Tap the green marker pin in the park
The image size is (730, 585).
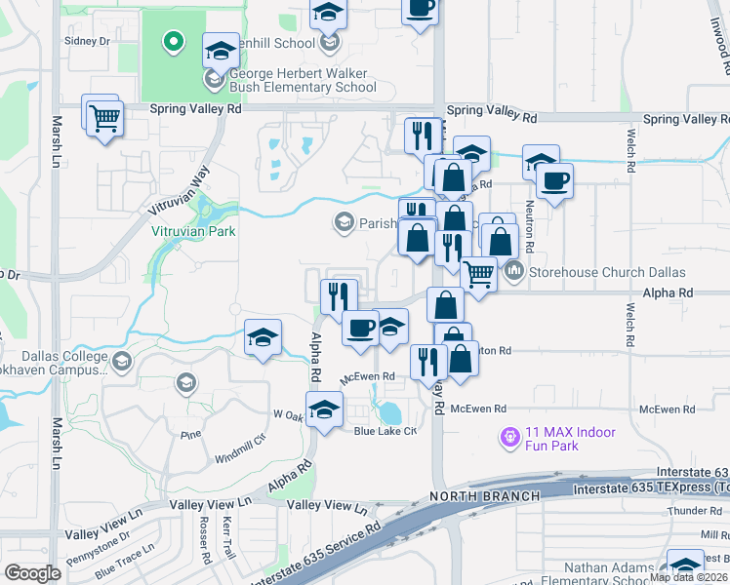pos(173,41)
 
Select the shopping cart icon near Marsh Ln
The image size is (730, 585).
pos(103,119)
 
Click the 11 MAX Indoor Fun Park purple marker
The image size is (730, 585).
pos(508,439)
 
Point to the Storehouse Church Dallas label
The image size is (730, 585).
pos(607,272)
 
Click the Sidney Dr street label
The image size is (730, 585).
pos(87,41)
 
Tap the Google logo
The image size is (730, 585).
pos(32,573)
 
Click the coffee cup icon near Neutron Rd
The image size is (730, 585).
pos(555,180)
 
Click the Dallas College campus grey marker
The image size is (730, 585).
pos(122,363)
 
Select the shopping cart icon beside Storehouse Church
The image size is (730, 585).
pos(477,274)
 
